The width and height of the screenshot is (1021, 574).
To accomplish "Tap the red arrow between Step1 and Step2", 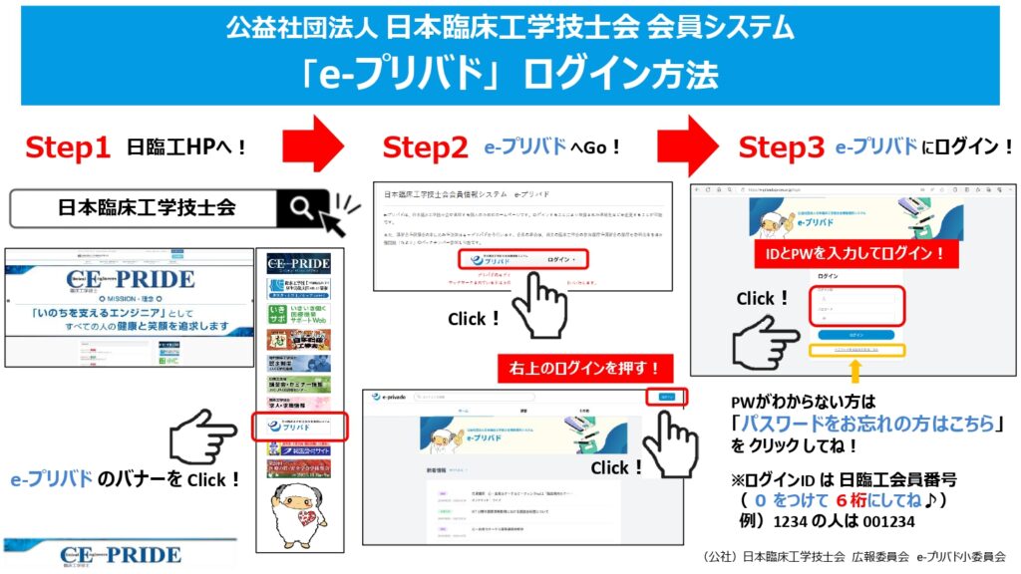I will pyautogui.click(x=312, y=145).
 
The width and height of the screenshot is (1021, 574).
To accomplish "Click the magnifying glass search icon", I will pyautogui.click(x=302, y=208).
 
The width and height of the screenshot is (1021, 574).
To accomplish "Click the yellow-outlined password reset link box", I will pyautogui.click(x=855, y=351).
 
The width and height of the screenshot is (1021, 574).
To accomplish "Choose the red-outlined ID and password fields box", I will pyautogui.click(x=854, y=306).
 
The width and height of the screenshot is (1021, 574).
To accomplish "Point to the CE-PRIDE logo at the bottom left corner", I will pyautogui.click(x=120, y=553).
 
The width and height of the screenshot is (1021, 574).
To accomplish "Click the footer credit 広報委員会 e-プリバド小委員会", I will pyautogui.click(x=927, y=556).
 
